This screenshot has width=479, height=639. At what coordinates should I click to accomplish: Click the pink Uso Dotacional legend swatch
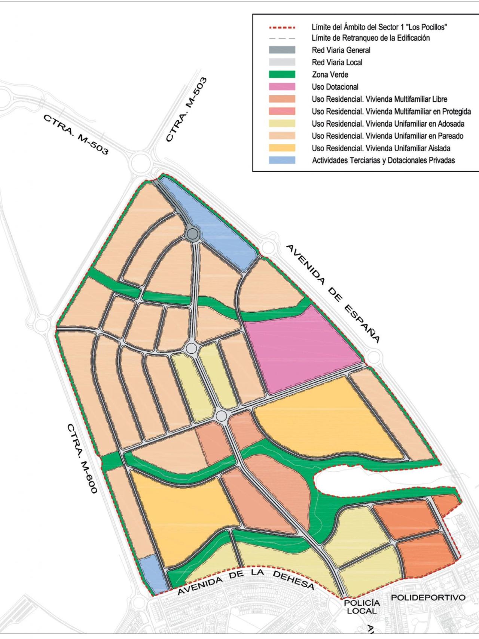pyautogui.click(x=282, y=87)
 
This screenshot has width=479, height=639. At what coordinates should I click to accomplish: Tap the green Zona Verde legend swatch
pyautogui.click(x=282, y=75)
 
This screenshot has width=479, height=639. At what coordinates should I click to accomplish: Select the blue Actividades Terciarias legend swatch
pyautogui.click(x=282, y=160)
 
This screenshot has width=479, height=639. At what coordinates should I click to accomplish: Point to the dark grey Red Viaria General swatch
pyautogui.click(x=282, y=50)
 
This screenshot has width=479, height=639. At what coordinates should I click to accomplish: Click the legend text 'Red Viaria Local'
pyautogui.click(x=337, y=63)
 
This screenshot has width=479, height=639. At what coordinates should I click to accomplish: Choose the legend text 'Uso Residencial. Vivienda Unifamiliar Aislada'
pyautogui.click(x=381, y=148)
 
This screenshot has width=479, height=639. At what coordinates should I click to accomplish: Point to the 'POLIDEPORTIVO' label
pyautogui.click(x=428, y=597)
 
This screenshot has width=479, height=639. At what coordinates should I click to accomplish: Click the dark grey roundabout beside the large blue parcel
pyautogui.click(x=192, y=234)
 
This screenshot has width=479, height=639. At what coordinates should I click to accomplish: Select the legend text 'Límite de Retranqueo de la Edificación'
pyautogui.click(x=370, y=38)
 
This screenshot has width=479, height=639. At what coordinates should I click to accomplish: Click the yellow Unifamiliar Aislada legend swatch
pyautogui.click(x=282, y=148)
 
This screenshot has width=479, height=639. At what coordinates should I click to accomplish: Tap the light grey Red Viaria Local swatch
pyautogui.click(x=282, y=62)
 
